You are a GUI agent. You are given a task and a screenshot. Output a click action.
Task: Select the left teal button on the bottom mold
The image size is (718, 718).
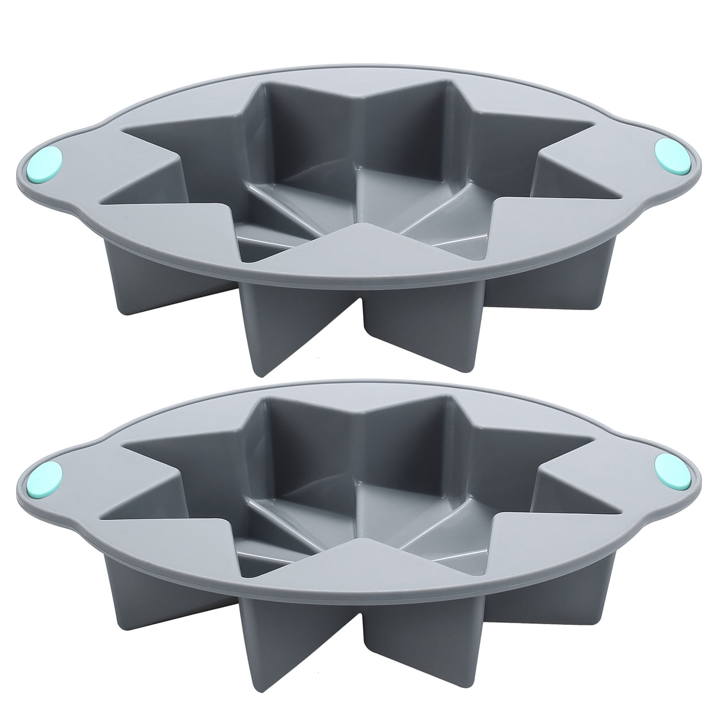(47, 477)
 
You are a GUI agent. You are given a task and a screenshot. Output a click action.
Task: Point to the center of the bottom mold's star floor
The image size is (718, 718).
(359, 507)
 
